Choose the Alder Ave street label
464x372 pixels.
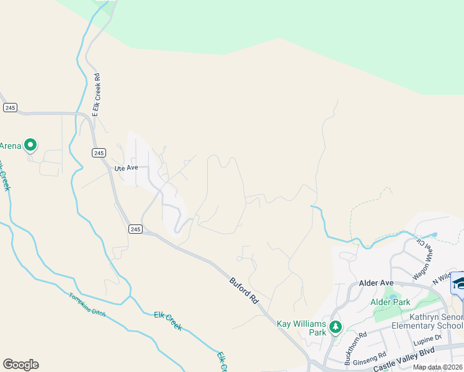(x=377, y=283)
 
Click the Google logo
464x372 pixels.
(x=20, y=365)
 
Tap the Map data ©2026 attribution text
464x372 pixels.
(x=437, y=367)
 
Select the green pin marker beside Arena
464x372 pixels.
(x=30, y=145)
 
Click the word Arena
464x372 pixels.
(x=11, y=146)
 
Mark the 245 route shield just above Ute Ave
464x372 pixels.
(x=99, y=153)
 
